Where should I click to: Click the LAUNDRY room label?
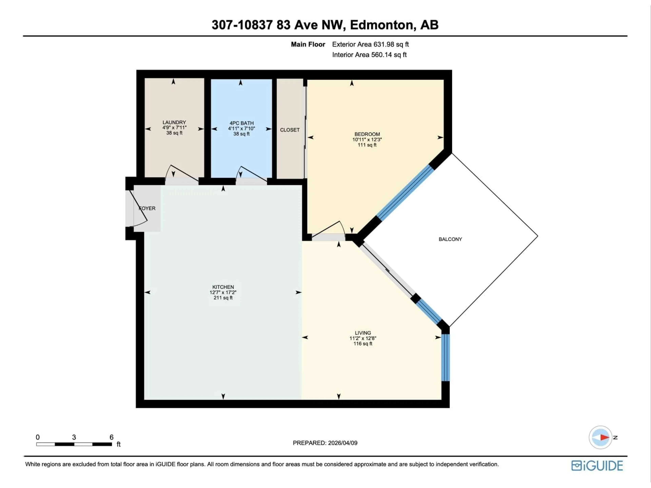pos(174,122)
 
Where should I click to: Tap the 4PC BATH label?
pos(241,123)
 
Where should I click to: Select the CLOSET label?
pos(290,130)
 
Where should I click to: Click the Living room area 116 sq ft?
pos(363,344)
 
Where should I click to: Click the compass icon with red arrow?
pos(600,437)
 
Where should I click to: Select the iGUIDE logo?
pos(597,466)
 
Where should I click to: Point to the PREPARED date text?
pos(325,443)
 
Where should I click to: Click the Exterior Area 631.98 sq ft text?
pos(370,44)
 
